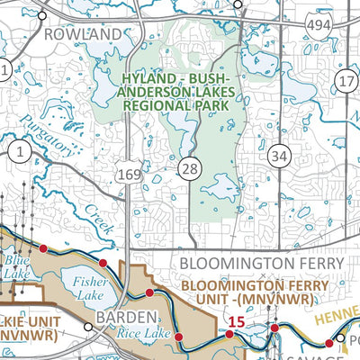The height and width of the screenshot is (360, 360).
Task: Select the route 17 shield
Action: click(x=346, y=82)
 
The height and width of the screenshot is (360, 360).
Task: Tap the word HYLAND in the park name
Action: click(x=144, y=81)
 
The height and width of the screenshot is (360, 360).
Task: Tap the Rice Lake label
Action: click(x=136, y=333)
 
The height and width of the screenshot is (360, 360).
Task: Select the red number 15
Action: click(x=236, y=321)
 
